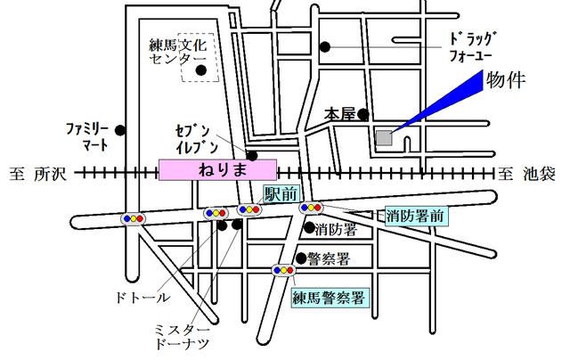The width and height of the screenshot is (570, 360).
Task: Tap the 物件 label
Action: tap(505, 80)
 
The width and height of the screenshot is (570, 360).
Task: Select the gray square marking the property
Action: tap(383, 137)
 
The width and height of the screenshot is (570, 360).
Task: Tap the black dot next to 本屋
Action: tap(362, 113)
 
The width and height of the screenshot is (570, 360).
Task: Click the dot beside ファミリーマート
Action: tap(121, 130)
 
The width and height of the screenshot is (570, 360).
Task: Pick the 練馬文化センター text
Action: tap(178, 51)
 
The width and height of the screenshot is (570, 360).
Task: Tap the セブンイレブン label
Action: tap(196, 138)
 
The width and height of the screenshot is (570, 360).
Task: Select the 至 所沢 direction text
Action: tap(37, 171)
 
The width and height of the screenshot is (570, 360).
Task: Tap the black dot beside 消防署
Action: tap(308, 229)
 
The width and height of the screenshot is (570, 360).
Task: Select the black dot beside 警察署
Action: tap(301, 259)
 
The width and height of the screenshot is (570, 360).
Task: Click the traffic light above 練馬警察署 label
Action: tap(284, 269)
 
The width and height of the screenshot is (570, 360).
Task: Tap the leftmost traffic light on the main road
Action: tap(134, 217)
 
